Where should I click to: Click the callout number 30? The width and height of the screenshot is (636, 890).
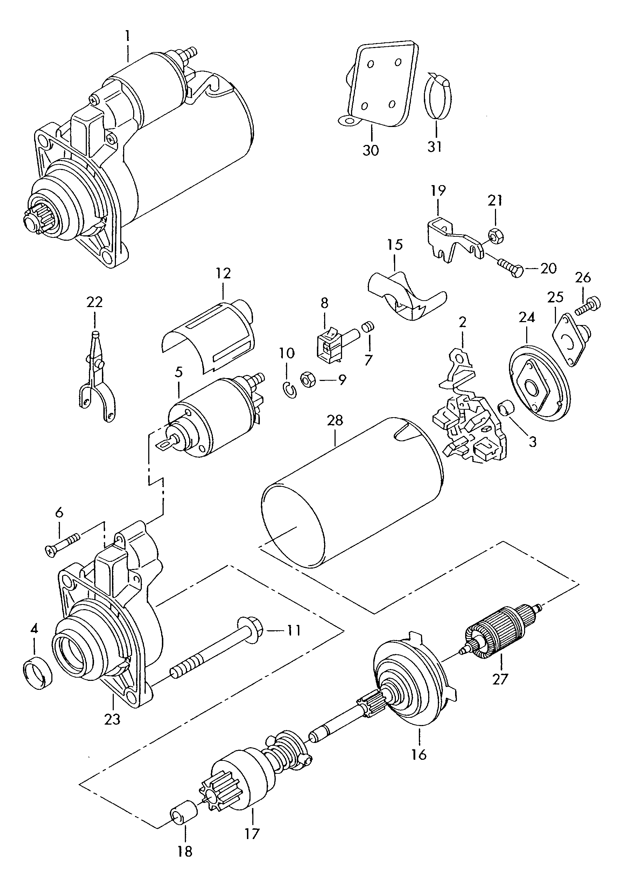coord(370,150)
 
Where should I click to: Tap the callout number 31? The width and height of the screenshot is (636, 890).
coord(435,146)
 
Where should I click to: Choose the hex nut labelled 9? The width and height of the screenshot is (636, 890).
coord(308,380)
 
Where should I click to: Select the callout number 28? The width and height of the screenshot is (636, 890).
coord(336,420)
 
